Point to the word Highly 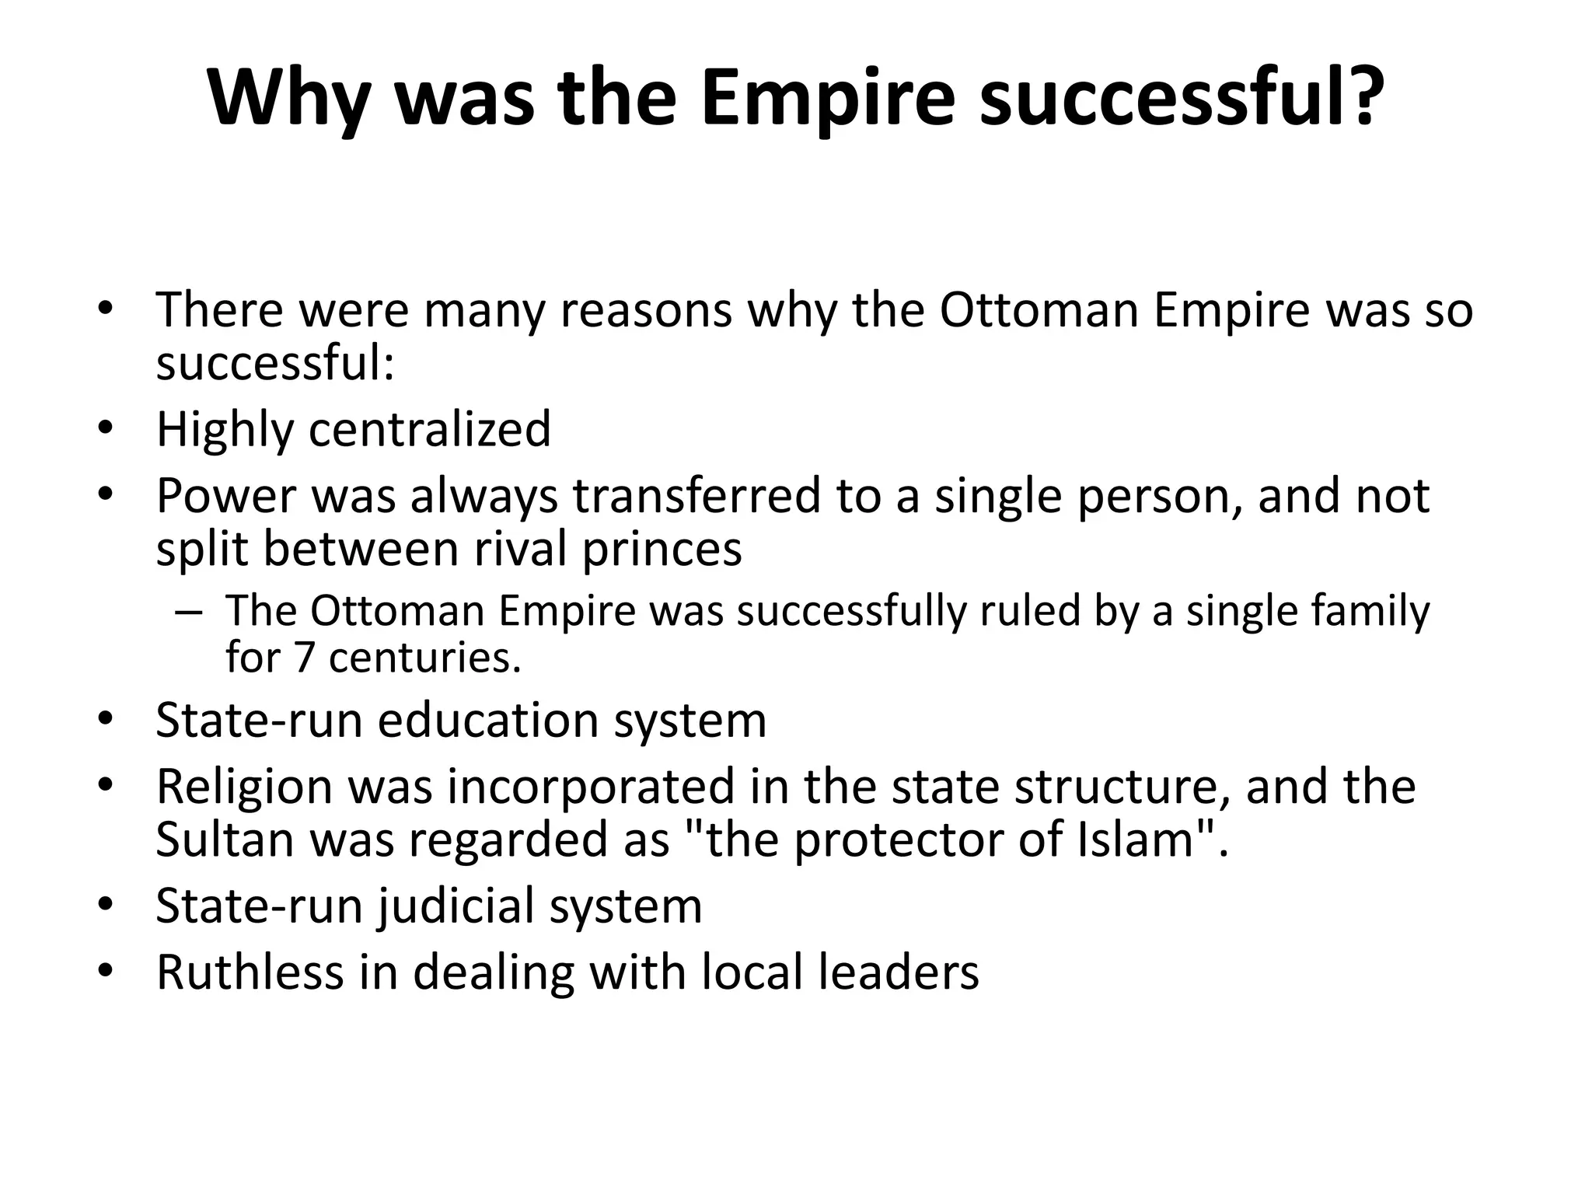223,430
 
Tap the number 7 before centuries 304,658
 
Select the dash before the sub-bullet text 188,611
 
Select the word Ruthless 250,972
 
